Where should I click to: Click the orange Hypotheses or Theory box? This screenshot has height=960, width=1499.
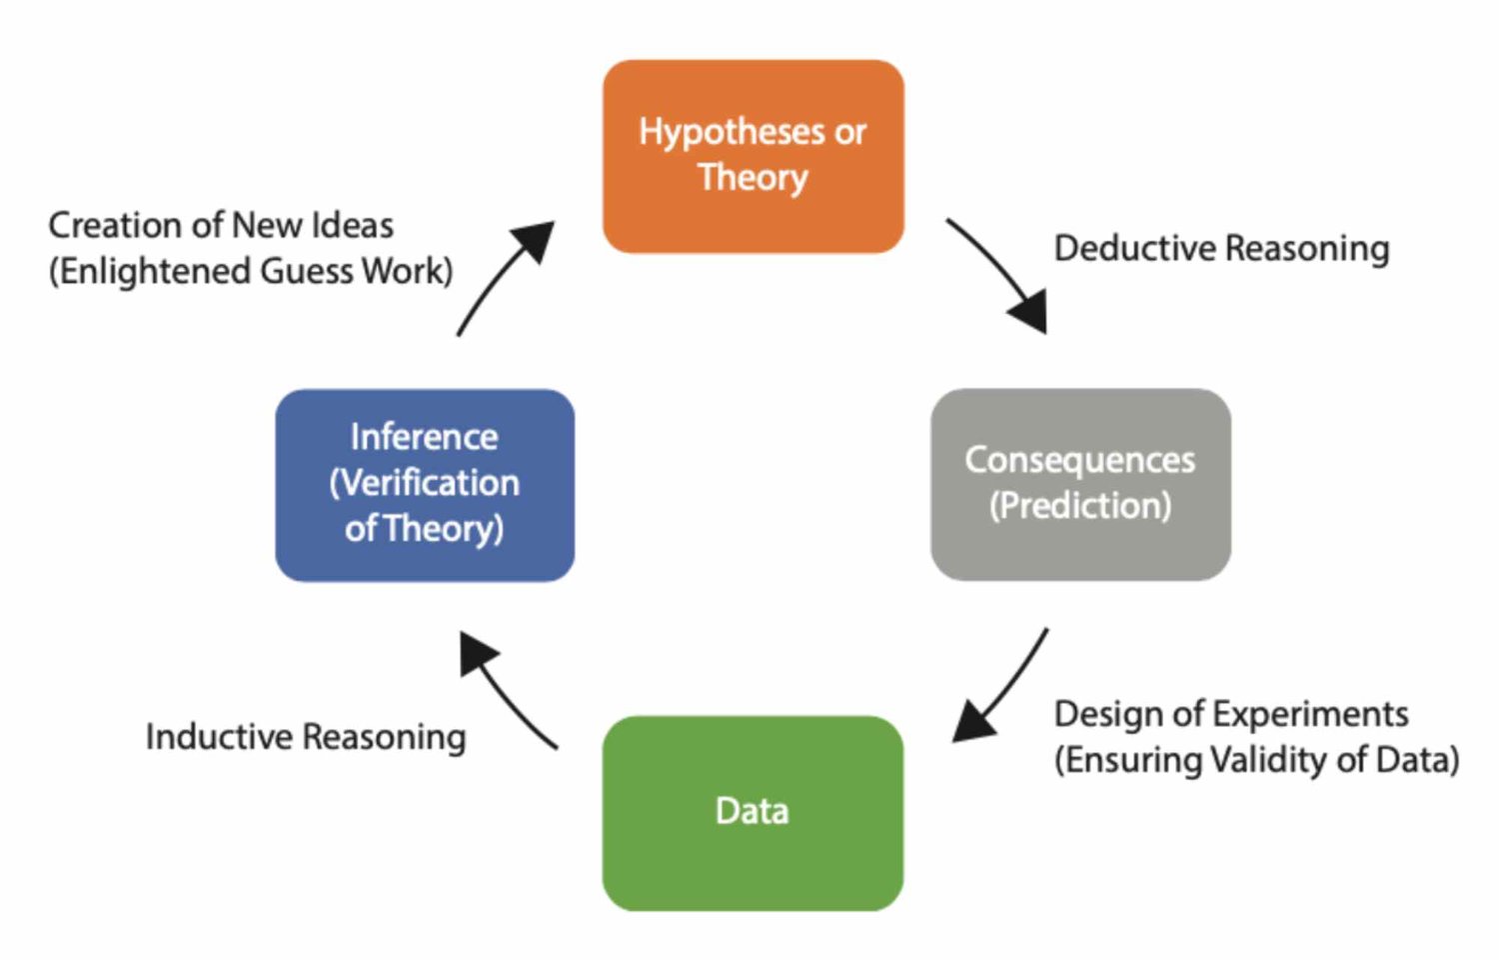click(752, 157)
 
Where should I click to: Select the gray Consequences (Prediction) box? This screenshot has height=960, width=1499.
click(1080, 485)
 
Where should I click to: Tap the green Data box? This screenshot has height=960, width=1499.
click(752, 813)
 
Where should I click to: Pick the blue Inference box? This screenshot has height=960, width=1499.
click(425, 485)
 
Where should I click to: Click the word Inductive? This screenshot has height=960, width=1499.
click(218, 737)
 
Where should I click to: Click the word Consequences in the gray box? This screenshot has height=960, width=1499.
click(1080, 461)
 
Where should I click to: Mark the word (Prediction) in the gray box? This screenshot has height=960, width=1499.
click(1080, 506)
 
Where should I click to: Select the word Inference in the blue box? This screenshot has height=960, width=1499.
click(425, 438)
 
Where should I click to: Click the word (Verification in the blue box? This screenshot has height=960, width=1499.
click(425, 483)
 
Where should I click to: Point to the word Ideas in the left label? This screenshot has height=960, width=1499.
click(352, 225)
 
